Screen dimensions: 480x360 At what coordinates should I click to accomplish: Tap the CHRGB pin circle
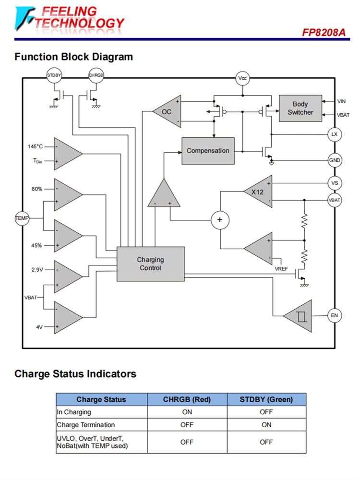coord(96,75)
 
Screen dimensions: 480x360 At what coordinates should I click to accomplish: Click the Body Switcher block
coord(300,108)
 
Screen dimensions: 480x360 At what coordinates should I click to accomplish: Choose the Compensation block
coord(208,151)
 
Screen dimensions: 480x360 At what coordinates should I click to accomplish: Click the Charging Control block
coord(151,264)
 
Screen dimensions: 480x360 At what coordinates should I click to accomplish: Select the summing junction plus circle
coord(220,220)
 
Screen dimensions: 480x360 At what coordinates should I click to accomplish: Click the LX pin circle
coord(335,134)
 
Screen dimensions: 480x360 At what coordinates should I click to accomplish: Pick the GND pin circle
coord(335,160)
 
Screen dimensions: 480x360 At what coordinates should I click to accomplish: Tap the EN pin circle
coord(335,315)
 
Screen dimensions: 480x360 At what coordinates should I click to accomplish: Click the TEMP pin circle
coord(22,218)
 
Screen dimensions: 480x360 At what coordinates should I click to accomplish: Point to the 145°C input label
coord(35,146)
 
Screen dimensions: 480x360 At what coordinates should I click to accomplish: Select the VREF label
coord(281,269)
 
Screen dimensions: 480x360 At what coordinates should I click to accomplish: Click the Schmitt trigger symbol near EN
coord(301,315)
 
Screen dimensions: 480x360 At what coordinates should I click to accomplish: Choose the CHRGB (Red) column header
coord(187,399)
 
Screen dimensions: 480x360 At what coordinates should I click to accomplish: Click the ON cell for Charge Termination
coord(266,425)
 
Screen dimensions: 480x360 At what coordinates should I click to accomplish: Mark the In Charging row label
coord(74,412)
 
